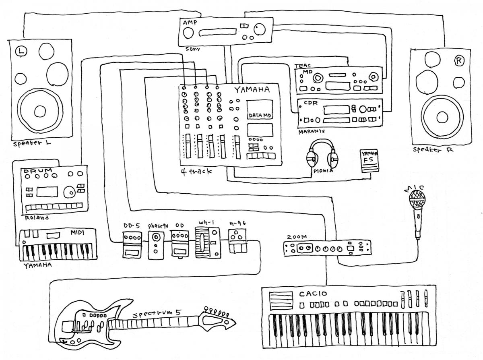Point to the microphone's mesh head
[417, 199]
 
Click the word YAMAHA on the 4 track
[252, 89]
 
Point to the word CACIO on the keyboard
[313, 294]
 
